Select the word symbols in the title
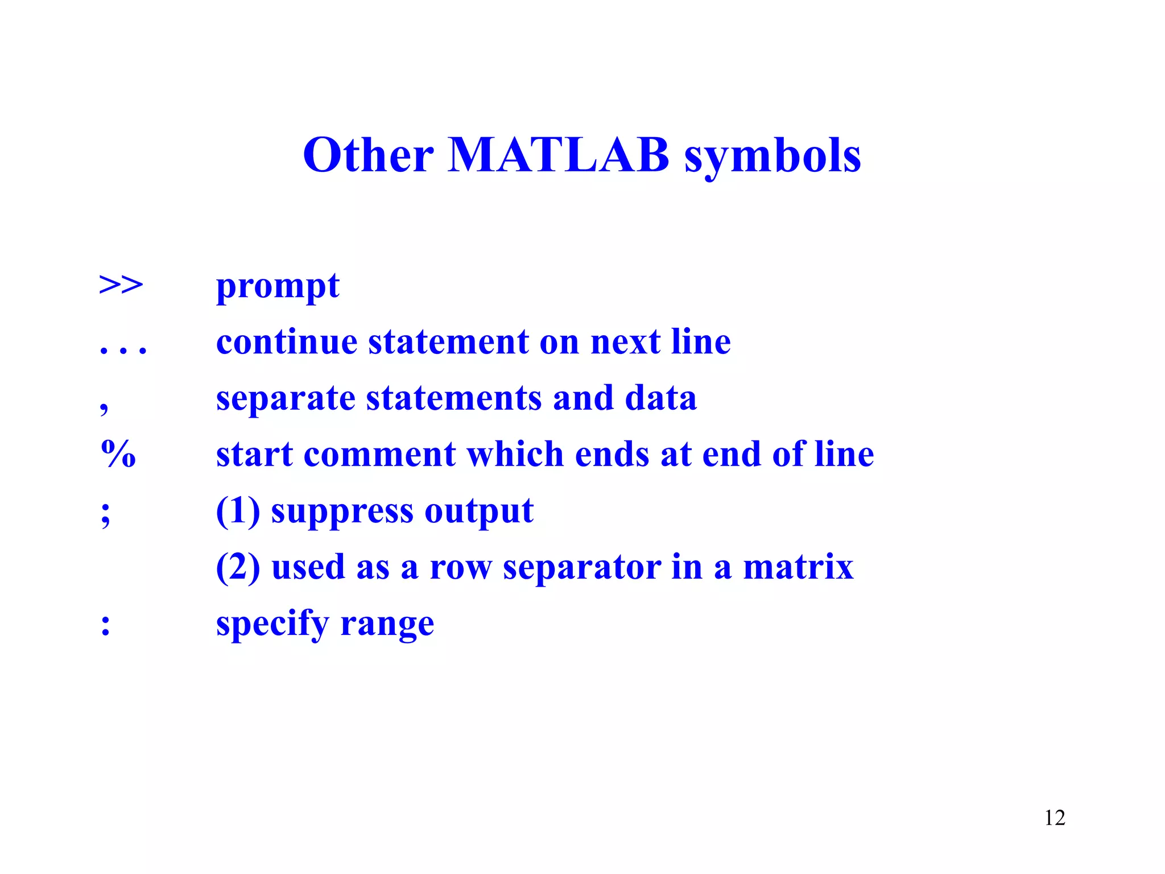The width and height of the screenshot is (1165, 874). pos(772,156)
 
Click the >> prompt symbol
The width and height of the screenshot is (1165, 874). pos(121,285)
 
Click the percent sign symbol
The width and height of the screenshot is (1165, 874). pos(118,454)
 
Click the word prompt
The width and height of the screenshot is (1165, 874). pos(278,286)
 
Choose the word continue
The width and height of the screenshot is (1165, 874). pos(287,342)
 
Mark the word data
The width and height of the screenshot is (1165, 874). pos(660,398)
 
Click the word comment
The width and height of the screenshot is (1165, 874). pos(379,455)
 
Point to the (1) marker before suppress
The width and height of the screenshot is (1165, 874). pos(238,510)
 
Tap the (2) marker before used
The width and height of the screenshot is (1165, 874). pos(238,567)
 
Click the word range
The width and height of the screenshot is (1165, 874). pos(387,625)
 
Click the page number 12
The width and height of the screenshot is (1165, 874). pos(1055,818)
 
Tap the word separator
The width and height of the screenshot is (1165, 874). pos(581,568)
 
